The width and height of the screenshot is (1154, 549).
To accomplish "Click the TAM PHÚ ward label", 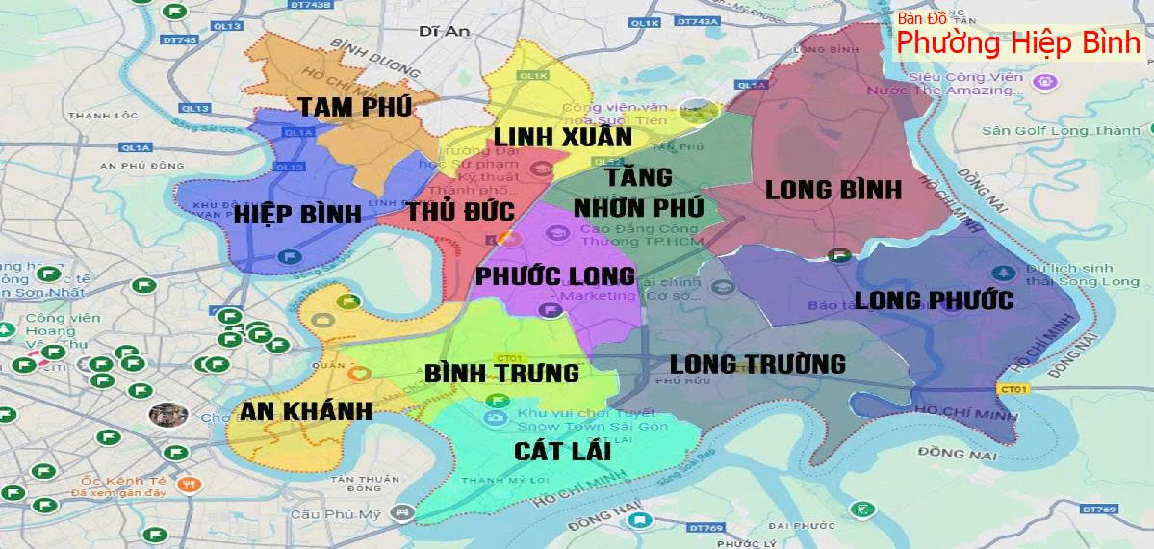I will tap(354, 106).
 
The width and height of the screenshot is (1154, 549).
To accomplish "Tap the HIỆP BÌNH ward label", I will tap(297, 214).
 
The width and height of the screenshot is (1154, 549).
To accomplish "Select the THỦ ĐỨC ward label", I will tap(460, 211).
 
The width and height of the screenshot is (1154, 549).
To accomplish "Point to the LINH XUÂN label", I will tap(563, 137).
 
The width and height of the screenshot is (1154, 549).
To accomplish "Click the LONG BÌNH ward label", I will tap(833, 190).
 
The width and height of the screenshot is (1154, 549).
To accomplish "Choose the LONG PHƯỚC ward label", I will tap(934, 301).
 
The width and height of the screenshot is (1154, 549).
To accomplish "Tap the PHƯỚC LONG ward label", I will tap(555, 276).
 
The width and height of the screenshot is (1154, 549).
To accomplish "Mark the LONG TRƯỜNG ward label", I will tap(757, 364).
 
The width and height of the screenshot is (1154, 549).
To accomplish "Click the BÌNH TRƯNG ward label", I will tap(501, 373).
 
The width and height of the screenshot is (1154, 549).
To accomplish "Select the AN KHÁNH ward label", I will tap(307, 411).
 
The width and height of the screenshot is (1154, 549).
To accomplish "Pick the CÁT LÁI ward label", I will tap(562, 451).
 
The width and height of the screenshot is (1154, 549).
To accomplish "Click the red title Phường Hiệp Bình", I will tap(1019, 44).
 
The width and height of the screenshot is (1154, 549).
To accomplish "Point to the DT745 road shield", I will tap(181, 39).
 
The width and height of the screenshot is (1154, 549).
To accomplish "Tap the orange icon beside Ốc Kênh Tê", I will tap(190, 485).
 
